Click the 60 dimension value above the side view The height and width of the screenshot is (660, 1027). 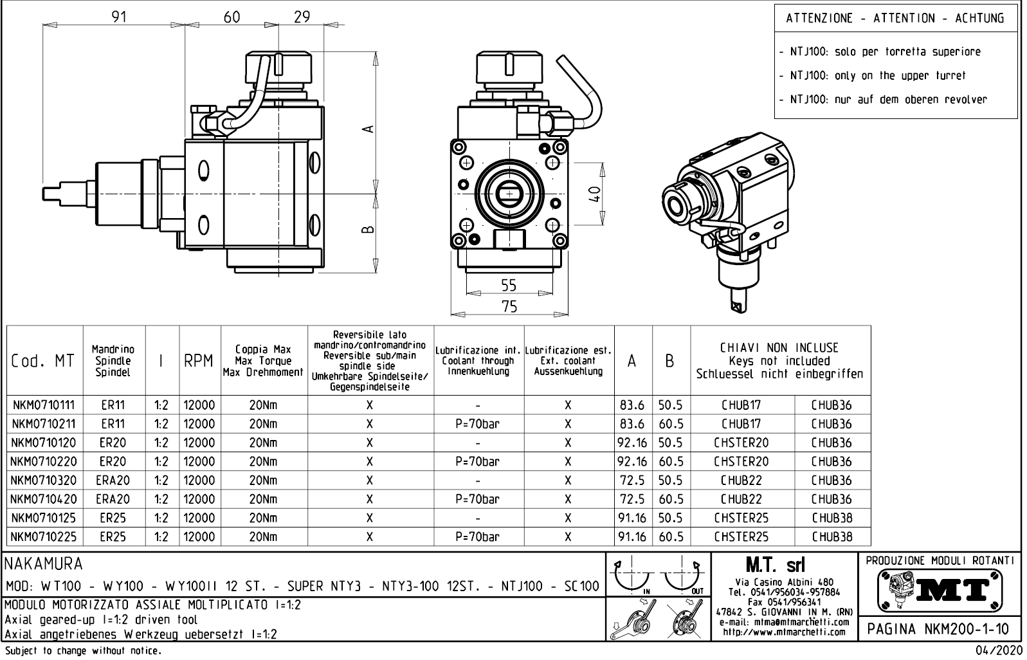(x=232, y=17)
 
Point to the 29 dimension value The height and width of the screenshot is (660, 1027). (x=302, y=17)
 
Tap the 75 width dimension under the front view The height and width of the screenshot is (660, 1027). (x=509, y=307)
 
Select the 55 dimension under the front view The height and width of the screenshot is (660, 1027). (x=509, y=285)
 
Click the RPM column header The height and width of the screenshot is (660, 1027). (x=199, y=362)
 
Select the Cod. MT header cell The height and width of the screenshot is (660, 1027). (x=43, y=362)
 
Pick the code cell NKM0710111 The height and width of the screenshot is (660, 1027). (x=43, y=405)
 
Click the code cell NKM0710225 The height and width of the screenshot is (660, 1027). (x=43, y=536)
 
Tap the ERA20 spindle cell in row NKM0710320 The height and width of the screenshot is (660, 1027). (x=113, y=481)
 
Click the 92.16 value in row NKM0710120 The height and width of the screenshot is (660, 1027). (x=632, y=443)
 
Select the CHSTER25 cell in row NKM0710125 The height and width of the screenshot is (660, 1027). (x=741, y=518)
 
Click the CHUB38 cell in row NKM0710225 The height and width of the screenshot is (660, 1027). (x=831, y=536)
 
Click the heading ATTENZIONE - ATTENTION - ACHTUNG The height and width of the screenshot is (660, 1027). (x=895, y=18)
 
